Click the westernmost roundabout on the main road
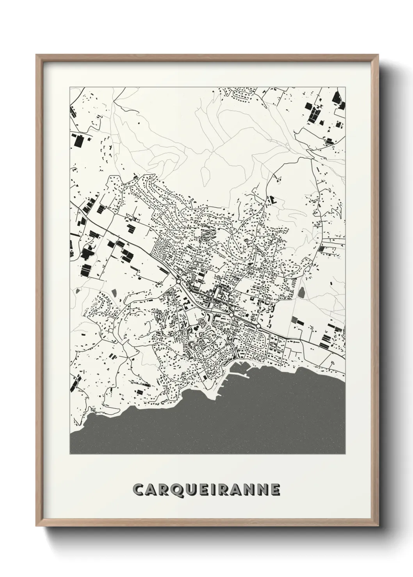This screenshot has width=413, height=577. tap(178, 281)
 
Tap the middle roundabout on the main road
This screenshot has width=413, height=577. tap(231, 314)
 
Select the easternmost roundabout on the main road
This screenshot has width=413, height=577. tap(258, 326)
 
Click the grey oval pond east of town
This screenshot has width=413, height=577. tap(302, 292)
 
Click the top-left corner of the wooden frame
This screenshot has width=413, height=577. tap(37, 55)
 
